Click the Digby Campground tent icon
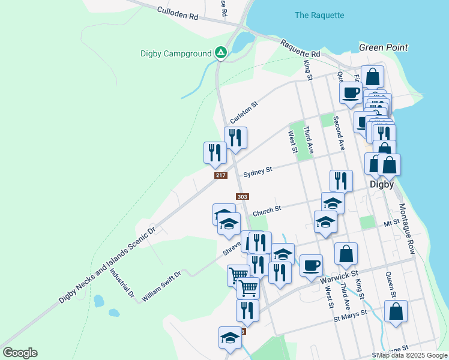click(221, 53)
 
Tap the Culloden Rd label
click(177, 14)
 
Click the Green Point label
click(383, 47)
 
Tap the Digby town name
click(381, 184)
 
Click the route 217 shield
click(220, 175)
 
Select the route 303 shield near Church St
click(242, 197)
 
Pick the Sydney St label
click(258, 172)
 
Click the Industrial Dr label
click(122, 283)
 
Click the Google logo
click(20, 353)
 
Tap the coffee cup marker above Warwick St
click(310, 265)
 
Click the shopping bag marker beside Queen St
click(396, 311)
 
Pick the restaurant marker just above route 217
click(215, 153)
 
